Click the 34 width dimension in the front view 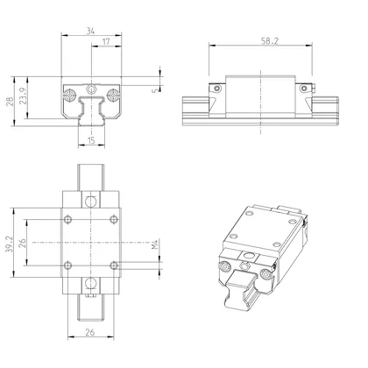coord(92,30)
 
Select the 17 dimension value coord(106,42)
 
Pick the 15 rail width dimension coord(92,140)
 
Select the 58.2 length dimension coord(258,40)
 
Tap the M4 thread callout coord(154,248)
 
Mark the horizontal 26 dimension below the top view coord(92,332)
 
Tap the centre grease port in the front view coord(92,88)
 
